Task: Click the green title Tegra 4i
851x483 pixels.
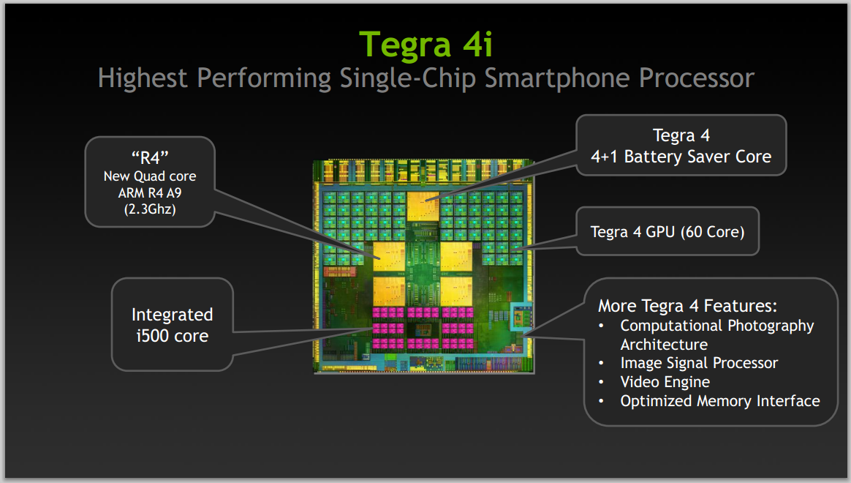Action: point(426,43)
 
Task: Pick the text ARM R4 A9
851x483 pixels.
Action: point(150,192)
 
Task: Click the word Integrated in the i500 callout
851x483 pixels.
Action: point(172,315)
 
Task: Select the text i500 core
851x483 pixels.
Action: point(172,336)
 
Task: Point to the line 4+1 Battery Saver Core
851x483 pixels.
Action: point(681,156)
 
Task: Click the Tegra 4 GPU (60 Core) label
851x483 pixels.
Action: point(667,232)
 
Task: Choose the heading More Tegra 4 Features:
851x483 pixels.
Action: point(687,305)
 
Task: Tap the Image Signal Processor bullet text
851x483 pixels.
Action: point(699,363)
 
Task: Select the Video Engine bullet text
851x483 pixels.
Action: point(665,382)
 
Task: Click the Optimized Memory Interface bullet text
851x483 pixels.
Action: point(719,401)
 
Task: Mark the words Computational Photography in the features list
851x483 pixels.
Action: point(716,325)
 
